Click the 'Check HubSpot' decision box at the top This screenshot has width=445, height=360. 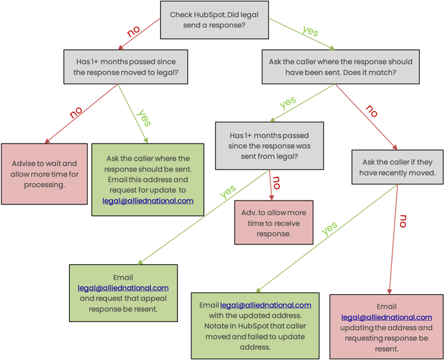click(214, 20)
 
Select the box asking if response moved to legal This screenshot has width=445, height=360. click(126, 66)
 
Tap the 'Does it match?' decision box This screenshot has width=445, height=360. click(340, 66)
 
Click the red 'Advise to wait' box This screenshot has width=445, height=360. click(44, 174)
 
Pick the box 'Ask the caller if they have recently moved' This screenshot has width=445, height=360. click(397, 167)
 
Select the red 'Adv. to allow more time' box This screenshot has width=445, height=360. click(273, 223)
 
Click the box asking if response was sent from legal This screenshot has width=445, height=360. click(269, 145)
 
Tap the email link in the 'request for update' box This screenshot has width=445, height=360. click(147, 201)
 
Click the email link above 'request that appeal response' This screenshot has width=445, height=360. click(123, 288)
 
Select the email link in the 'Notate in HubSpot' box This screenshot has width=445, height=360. click(265, 305)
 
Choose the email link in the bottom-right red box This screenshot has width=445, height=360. click(387, 317)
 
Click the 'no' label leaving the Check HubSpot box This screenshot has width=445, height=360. click(133, 31)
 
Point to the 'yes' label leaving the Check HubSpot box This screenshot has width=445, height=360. click(310, 31)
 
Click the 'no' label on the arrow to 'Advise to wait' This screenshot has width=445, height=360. click(76, 112)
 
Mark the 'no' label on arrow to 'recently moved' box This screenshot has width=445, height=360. click(371, 112)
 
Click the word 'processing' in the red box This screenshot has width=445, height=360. click(44, 185)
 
